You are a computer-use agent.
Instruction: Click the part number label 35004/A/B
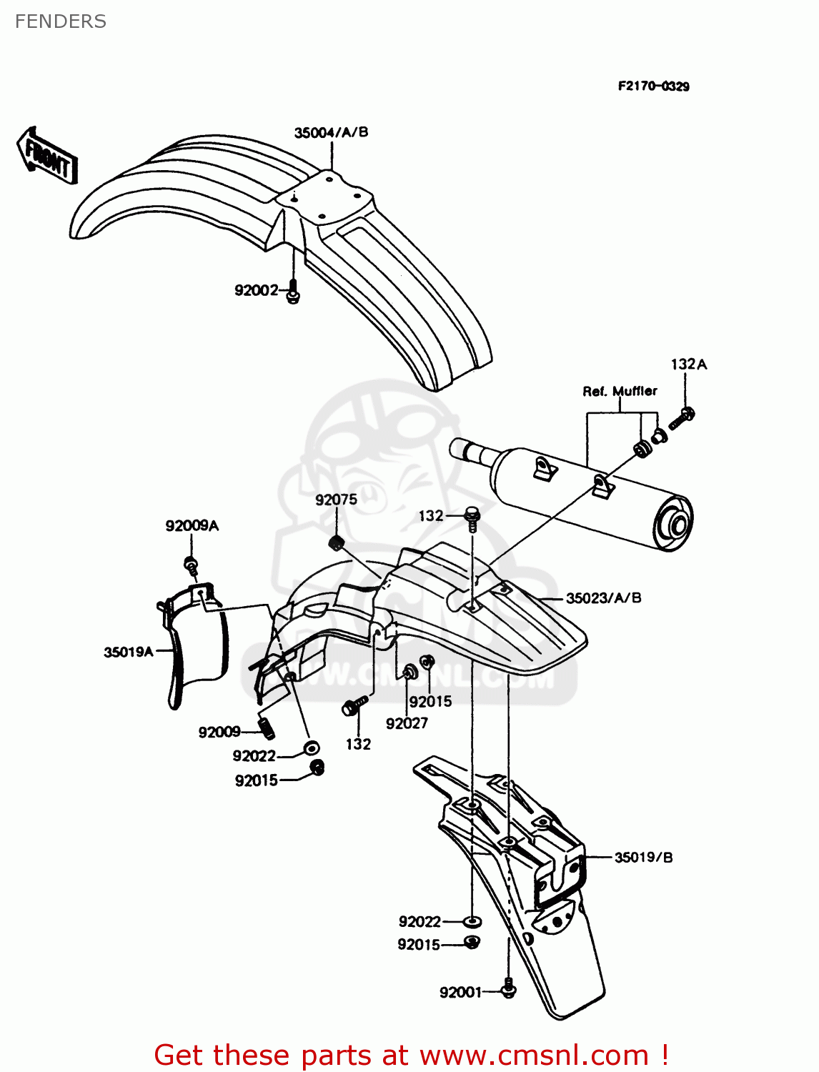[x=331, y=132]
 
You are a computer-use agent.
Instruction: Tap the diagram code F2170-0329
[x=653, y=86]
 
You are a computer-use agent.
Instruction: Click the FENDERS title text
[x=61, y=21]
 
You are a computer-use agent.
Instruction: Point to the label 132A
[x=688, y=364]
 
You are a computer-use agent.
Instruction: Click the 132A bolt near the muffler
[x=682, y=418]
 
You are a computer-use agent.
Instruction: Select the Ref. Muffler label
[x=620, y=391]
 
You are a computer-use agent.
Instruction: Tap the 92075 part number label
[x=336, y=500]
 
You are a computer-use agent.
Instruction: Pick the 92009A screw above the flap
[x=191, y=564]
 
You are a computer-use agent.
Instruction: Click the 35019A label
[x=129, y=652]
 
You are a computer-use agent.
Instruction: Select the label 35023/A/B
[x=603, y=598]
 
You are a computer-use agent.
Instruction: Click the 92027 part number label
[x=407, y=723]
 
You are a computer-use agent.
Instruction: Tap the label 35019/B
[x=643, y=857]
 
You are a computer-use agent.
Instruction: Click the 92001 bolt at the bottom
[x=508, y=989]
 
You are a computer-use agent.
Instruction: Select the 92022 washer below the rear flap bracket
[x=472, y=921]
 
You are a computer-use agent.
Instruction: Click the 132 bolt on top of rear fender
[x=472, y=517]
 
